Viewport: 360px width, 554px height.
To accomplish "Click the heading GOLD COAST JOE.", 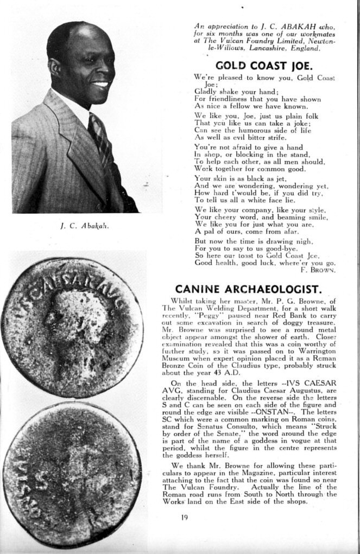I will pos(263,66).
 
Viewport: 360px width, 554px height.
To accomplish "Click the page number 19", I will pos(185,517).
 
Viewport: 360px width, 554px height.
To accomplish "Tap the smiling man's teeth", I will pos(101,84).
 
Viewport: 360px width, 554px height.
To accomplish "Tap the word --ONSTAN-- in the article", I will pos(270,412).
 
